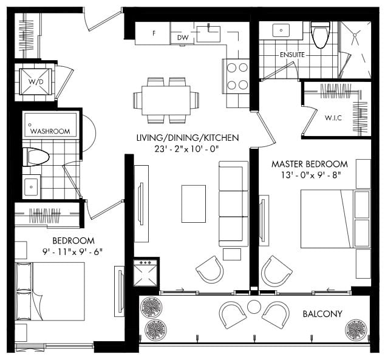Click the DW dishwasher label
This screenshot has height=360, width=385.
click(183, 38)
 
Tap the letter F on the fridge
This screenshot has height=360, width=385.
click(154, 33)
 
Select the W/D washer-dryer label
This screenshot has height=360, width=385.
click(36, 82)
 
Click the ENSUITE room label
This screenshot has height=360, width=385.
click(292, 55)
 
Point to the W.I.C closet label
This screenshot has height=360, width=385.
click(333, 118)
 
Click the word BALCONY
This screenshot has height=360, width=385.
click(322, 314)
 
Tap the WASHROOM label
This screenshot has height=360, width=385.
click(50, 131)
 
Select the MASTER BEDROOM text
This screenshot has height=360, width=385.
click(310, 164)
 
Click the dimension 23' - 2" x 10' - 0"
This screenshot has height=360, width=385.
click(186, 149)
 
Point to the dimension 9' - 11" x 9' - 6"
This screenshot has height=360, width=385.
click(73, 252)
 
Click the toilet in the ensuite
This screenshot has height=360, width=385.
click(320, 35)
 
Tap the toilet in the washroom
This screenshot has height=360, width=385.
click(36, 157)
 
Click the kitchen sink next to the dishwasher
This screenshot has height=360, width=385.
click(208, 33)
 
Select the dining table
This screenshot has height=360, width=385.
click(166, 100)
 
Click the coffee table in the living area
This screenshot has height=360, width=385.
click(194, 204)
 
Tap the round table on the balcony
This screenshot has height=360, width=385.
click(254, 307)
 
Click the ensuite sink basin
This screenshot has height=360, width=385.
click(281, 30)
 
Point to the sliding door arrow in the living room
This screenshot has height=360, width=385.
click(180, 290)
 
